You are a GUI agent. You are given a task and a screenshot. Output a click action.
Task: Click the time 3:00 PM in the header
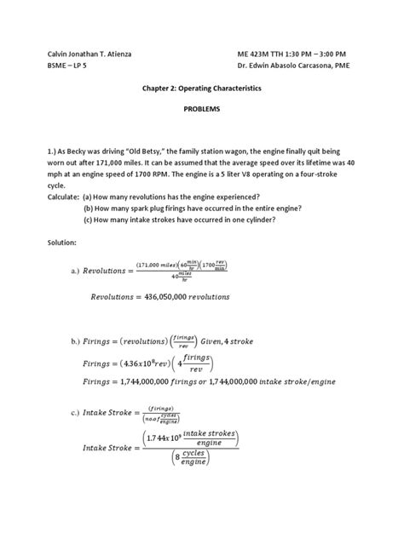coord(327,55)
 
